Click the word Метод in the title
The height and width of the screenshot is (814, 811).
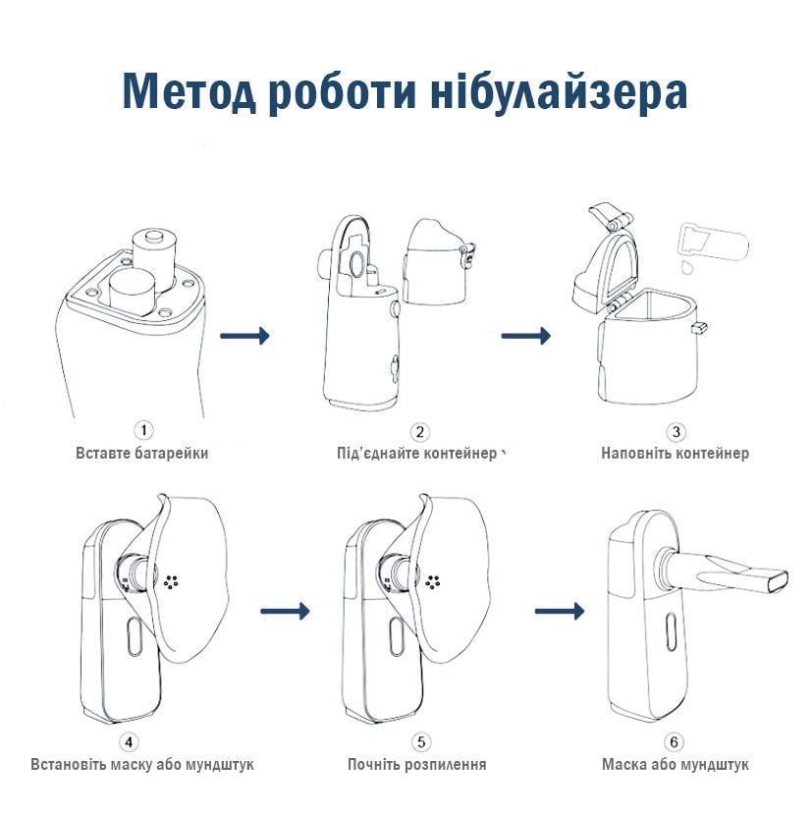(x=187, y=92)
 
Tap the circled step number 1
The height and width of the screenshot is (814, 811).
(x=143, y=431)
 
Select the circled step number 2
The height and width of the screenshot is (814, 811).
(x=419, y=431)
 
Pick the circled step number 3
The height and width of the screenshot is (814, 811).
(x=676, y=431)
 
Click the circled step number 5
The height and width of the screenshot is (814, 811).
(x=419, y=741)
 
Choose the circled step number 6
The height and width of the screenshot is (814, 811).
(x=676, y=741)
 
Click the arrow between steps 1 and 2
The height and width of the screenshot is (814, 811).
(x=244, y=337)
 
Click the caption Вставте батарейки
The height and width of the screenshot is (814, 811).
(x=142, y=453)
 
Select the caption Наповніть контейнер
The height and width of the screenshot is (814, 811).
(x=676, y=453)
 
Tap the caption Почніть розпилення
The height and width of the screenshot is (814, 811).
(x=417, y=764)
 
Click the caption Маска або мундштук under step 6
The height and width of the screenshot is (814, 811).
(x=676, y=764)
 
